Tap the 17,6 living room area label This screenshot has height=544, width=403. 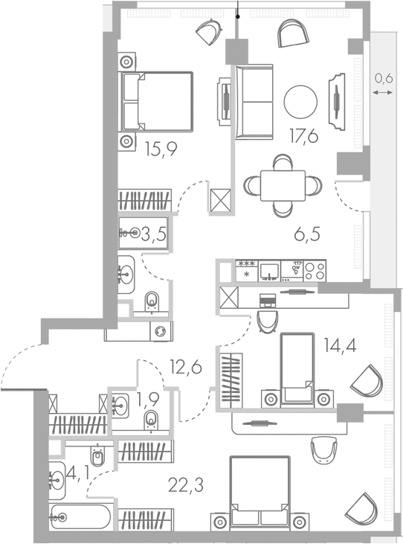click(x=303, y=135)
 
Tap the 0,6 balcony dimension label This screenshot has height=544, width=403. click(x=383, y=77)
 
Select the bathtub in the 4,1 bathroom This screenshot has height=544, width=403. click(x=80, y=516)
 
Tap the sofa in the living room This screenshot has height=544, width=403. click(x=254, y=101)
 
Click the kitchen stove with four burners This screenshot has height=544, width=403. click(x=314, y=269)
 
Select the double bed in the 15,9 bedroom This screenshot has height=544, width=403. click(x=157, y=102)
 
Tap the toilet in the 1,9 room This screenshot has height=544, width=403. click(x=151, y=419)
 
